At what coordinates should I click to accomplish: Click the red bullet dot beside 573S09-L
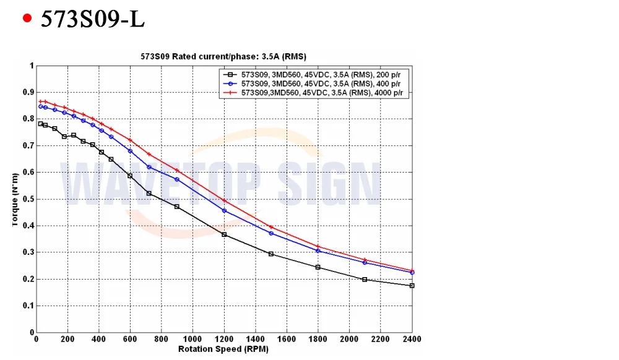coord(27,18)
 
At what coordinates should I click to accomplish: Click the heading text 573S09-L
coord(93,19)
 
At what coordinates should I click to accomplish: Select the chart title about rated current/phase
coord(223,56)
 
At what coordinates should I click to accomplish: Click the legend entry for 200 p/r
coord(314,74)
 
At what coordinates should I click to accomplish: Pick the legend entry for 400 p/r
coord(314,84)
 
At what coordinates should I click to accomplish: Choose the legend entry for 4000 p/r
coord(314,93)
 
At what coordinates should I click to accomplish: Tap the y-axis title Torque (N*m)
coord(15,200)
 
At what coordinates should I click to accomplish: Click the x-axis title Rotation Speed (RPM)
coord(223,349)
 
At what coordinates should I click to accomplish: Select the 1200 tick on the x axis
coord(224,339)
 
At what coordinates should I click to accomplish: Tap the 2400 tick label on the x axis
coord(412,339)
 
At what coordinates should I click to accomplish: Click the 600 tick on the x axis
coord(130,339)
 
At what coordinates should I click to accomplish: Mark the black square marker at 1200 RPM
coord(224,234)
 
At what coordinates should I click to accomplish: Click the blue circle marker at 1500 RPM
coord(271,233)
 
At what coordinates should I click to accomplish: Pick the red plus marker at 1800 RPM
coord(318,246)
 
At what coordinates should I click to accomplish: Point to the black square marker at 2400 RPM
coord(412,286)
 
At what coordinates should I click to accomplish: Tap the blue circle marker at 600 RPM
coord(130,151)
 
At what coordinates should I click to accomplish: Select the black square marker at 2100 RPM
coord(365,280)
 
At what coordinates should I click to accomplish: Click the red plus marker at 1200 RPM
coord(224,200)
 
